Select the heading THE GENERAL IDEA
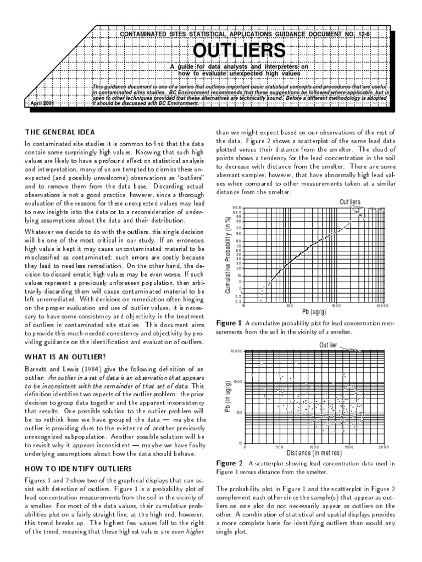click(60, 132)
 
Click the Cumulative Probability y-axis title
click(227, 254)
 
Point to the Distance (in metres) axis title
click(314, 453)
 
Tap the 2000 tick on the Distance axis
click(383, 447)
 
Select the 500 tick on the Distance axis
click(279, 447)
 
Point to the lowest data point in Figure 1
click(260, 300)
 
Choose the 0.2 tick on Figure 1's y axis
click(237, 301)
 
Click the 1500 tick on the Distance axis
click(348, 447)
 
